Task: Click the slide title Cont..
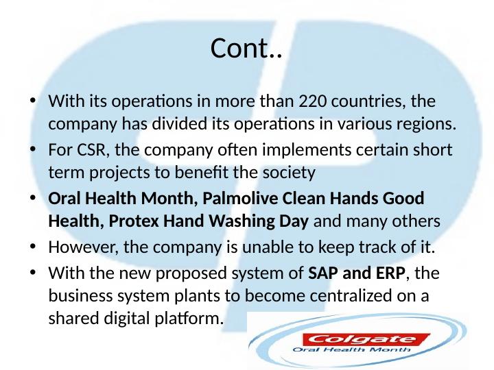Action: coord(246,49)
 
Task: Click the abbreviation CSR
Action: coord(86,149)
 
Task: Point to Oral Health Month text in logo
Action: coord(352,349)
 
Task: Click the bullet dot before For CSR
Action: coord(33,149)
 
